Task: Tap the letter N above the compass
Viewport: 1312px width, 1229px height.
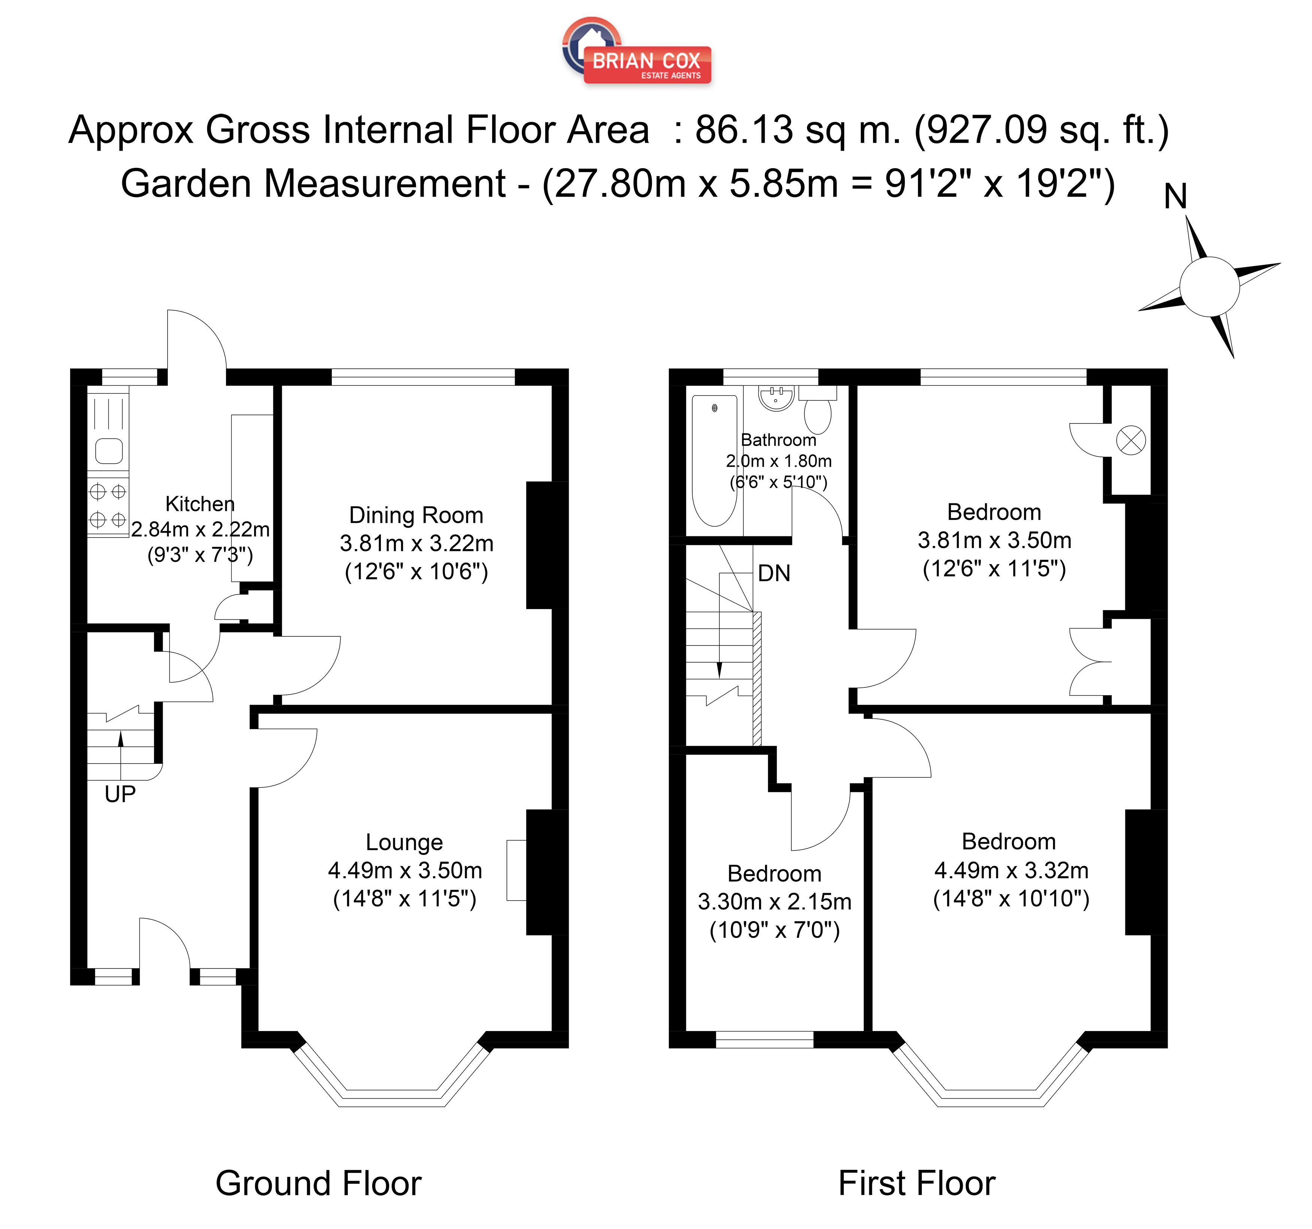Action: pos(1176,197)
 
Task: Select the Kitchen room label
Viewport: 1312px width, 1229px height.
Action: pos(200,504)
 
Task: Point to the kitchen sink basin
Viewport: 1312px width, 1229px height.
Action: pos(109,452)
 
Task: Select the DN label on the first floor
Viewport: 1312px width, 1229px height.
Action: pos(774,573)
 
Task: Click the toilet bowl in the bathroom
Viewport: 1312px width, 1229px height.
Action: pos(818,415)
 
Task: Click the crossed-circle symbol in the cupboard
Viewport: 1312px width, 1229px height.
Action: pos(1131,441)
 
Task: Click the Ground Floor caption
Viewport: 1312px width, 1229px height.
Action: pos(318,1183)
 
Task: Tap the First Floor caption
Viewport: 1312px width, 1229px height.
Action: pos(917,1183)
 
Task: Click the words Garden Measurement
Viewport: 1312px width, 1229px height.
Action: pos(313,184)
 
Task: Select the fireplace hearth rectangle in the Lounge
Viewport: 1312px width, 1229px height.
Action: pos(516,870)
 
